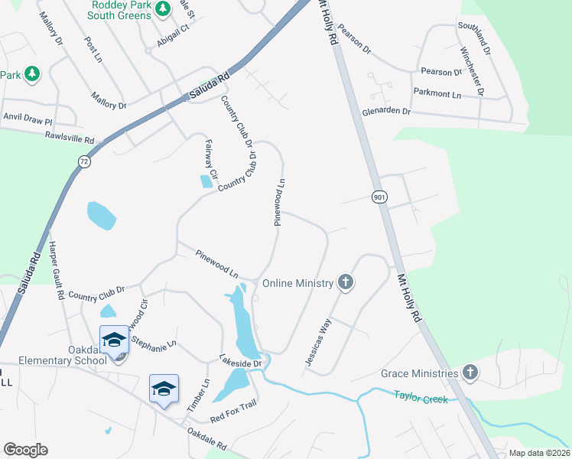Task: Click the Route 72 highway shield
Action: (83, 161)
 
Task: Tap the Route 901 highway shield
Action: (379, 197)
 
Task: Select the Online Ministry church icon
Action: (346, 283)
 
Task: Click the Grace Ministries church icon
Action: (470, 373)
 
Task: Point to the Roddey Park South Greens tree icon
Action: (162, 8)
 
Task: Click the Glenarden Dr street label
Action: (386, 112)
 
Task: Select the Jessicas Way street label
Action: (320, 342)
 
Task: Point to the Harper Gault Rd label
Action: (55, 271)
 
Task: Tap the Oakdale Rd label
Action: (207, 439)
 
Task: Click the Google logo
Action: (25, 450)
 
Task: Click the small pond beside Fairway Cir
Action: (206, 182)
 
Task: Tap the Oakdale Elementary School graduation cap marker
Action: (114, 340)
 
